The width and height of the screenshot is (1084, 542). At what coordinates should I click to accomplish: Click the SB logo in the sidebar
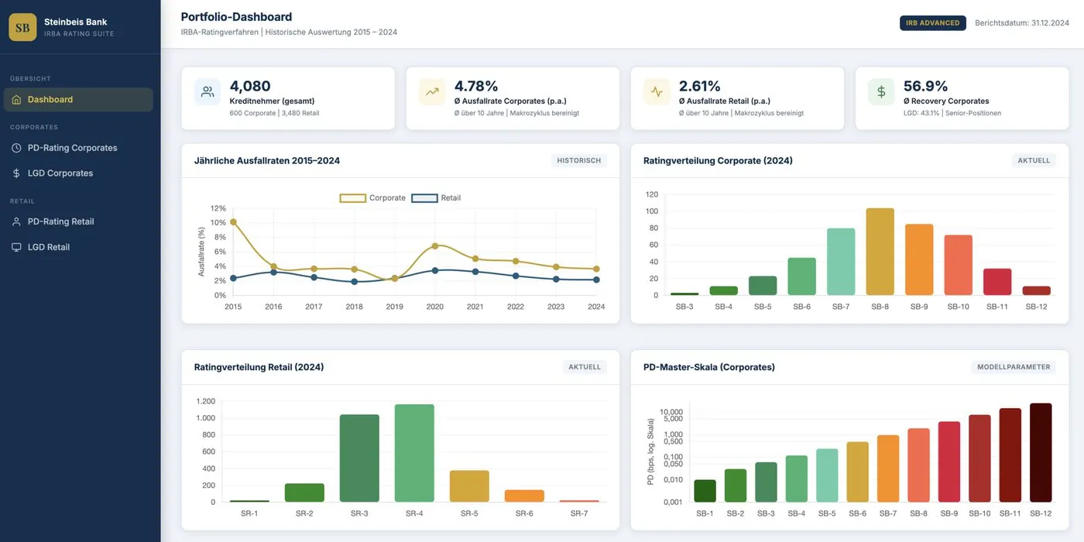[x=22, y=27]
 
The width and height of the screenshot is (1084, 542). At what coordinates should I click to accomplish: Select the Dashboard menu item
[x=50, y=99]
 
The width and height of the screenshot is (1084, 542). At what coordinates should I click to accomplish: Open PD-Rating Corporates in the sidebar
[x=72, y=148]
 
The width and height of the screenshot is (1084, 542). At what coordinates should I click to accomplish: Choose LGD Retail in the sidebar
[x=49, y=247]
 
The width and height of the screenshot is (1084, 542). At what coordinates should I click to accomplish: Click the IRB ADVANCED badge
[x=932, y=23]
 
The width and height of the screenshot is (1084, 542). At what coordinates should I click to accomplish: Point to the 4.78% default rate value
[x=476, y=86]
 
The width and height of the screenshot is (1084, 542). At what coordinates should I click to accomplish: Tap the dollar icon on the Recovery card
[x=881, y=91]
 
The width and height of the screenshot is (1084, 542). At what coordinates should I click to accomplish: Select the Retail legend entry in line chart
[x=437, y=198]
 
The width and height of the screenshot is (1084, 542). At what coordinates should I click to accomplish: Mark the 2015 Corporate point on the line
[x=233, y=222]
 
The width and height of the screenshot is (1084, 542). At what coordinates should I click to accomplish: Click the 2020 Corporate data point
[x=435, y=246]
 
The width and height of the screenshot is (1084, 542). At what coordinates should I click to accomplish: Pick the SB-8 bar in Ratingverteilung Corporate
[x=880, y=252]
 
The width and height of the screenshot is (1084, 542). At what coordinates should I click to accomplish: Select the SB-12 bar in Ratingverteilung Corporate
[x=1036, y=290]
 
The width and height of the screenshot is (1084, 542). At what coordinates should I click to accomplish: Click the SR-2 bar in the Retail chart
[x=304, y=492]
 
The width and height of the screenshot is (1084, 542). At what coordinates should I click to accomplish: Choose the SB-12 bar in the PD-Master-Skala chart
[x=1041, y=452]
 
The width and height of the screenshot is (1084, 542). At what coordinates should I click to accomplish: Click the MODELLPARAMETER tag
[x=1014, y=367]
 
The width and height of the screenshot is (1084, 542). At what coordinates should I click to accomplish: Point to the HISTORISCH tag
[x=578, y=161]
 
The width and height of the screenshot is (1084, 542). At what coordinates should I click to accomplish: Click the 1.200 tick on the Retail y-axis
[x=205, y=401]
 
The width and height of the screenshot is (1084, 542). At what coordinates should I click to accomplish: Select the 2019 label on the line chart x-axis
[x=395, y=307]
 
